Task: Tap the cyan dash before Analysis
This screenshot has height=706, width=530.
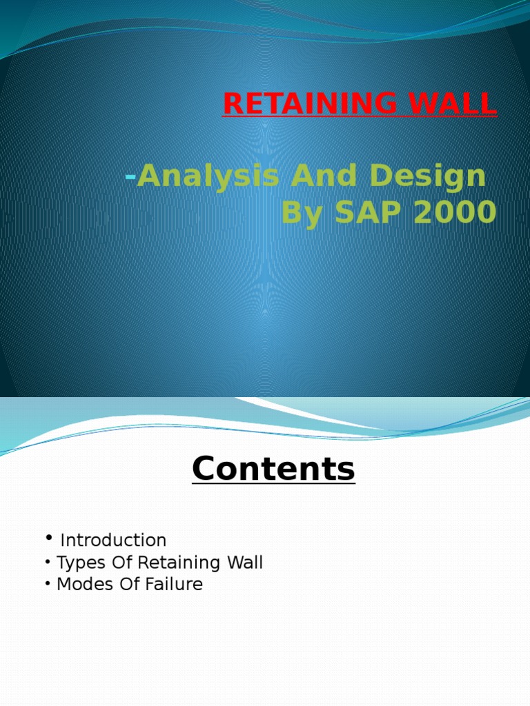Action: tap(130, 177)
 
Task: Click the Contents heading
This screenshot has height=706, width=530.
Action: tap(273, 469)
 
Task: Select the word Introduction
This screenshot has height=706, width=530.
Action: tap(113, 541)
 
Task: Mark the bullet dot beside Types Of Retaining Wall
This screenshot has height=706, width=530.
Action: tap(48, 562)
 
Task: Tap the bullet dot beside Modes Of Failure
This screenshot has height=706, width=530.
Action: tap(48, 584)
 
